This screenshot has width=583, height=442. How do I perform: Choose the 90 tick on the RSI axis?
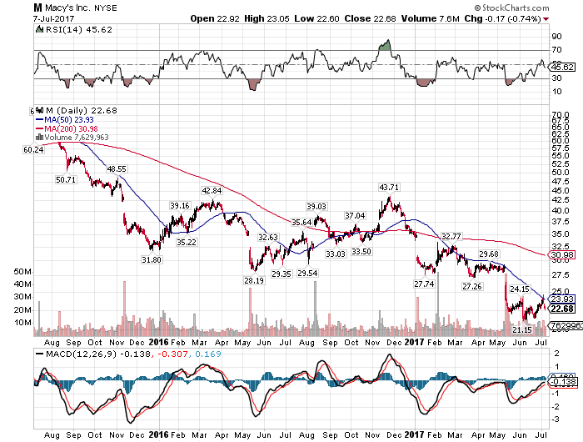(x=556, y=37)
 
